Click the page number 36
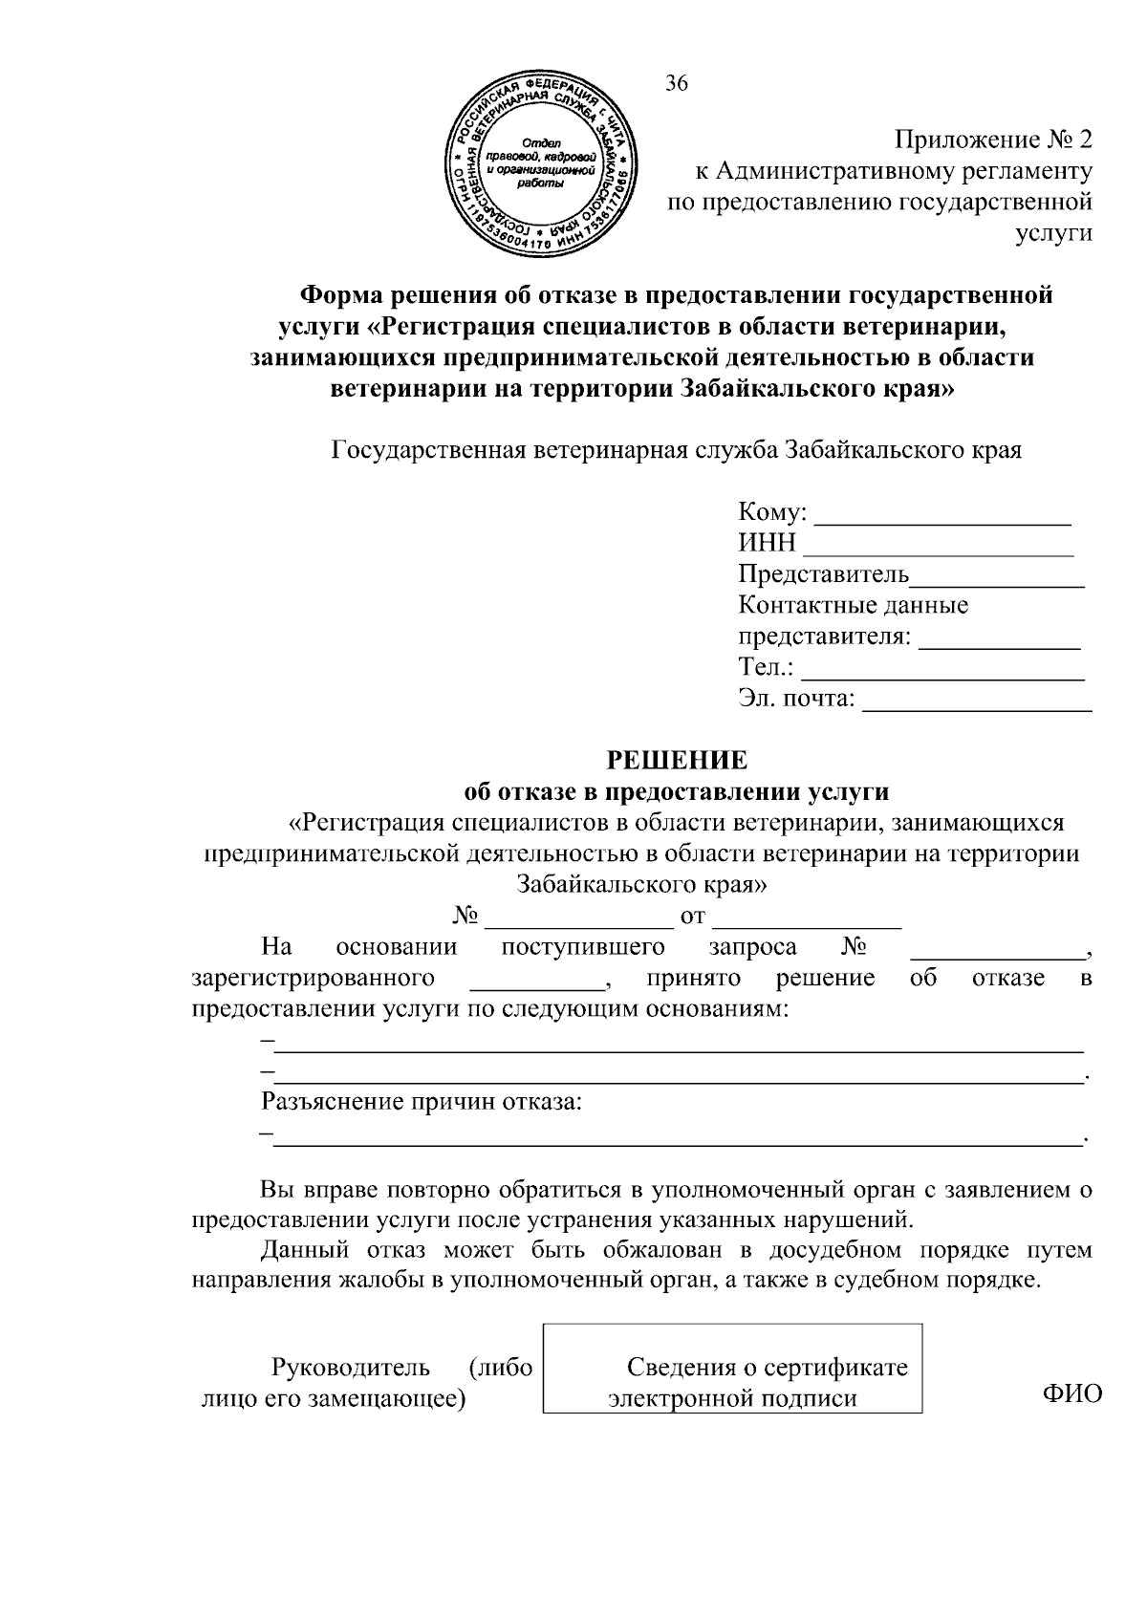(x=676, y=84)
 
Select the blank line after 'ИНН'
(x=938, y=552)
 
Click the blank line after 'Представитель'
(x=997, y=583)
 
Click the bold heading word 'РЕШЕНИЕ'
(x=678, y=761)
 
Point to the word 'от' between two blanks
(x=692, y=917)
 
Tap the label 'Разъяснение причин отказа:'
(x=422, y=1102)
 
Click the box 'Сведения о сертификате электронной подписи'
(x=732, y=1383)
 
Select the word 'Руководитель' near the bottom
(x=351, y=1368)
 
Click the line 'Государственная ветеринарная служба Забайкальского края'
(x=677, y=450)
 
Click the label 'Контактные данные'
(x=853, y=605)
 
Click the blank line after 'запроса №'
(x=997, y=954)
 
